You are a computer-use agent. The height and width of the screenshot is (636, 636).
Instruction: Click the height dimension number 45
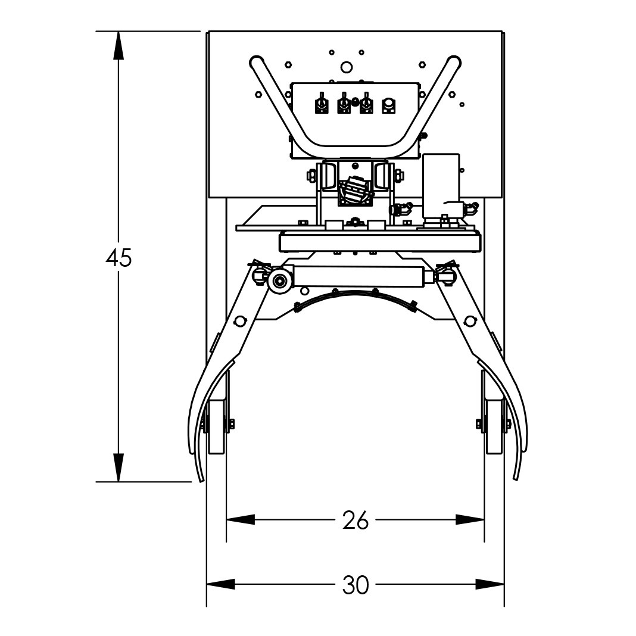(x=119, y=258)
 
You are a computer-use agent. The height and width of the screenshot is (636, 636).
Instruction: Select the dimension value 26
(x=356, y=520)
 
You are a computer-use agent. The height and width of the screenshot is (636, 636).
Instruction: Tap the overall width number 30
(x=356, y=585)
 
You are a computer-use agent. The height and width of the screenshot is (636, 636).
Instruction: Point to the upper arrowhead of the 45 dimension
(x=119, y=45)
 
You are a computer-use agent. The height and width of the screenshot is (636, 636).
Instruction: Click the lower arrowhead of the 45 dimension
(x=119, y=467)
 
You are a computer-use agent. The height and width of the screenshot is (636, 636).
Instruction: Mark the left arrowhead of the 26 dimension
(x=240, y=520)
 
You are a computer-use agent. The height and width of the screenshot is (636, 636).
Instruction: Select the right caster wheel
(x=493, y=426)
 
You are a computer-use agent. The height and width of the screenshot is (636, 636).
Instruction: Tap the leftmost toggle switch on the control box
(x=321, y=105)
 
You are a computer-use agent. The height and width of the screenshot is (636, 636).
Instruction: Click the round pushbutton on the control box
(x=388, y=105)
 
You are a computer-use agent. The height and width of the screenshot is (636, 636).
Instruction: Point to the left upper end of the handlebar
(x=257, y=61)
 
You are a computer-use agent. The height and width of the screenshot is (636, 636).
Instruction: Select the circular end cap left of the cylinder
(x=278, y=281)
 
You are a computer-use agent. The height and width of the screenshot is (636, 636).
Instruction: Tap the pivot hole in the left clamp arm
(x=240, y=322)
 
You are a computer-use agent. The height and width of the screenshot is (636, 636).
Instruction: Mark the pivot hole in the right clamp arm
(x=470, y=322)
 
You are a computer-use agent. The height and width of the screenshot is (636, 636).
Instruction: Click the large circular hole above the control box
(x=346, y=67)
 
